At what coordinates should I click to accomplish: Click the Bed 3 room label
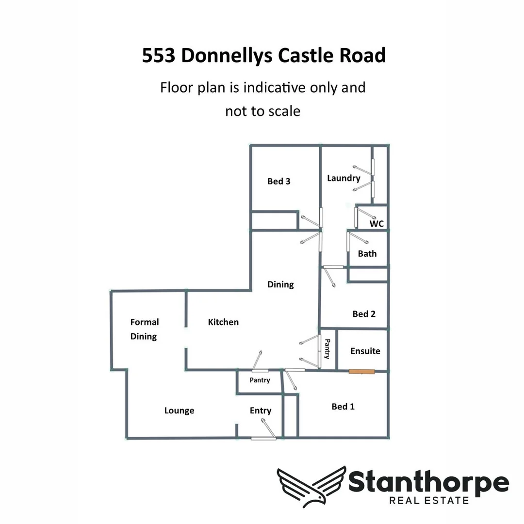[279, 181]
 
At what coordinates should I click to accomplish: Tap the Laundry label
[344, 178]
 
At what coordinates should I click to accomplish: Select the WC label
[377, 224]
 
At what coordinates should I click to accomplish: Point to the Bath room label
[367, 253]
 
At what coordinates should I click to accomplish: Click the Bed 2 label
[364, 314]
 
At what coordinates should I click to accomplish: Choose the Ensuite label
[365, 351]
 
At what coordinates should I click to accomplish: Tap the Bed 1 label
[343, 407]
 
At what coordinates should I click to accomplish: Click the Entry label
[261, 410]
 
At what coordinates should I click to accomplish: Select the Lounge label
[179, 410]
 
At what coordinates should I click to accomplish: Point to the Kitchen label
[223, 322]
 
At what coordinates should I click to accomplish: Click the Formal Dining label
[144, 329]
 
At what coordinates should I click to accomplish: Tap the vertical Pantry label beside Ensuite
[327, 349]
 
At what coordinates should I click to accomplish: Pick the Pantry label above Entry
[260, 380]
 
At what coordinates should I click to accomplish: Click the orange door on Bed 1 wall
[362, 372]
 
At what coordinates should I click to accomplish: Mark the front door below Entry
[263, 438]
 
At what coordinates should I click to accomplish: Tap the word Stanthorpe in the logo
[428, 482]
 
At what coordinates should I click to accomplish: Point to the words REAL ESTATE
[429, 500]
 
